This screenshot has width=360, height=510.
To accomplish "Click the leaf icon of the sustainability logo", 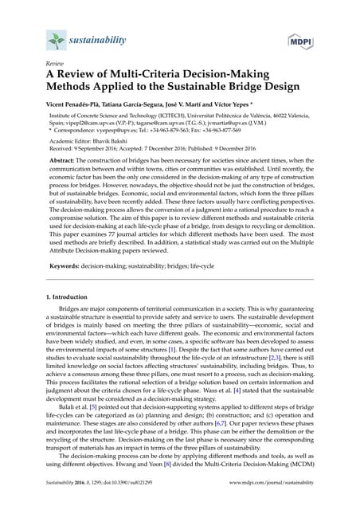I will coord(53,38).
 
